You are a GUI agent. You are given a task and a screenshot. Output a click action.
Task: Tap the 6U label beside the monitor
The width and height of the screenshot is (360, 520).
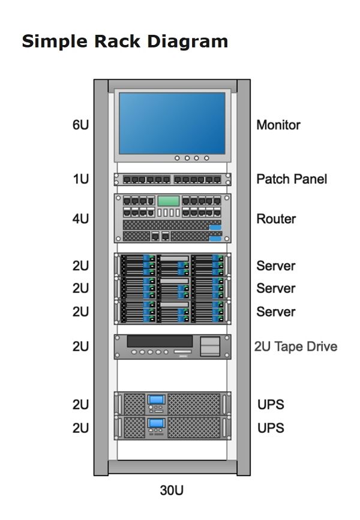coord(80,125)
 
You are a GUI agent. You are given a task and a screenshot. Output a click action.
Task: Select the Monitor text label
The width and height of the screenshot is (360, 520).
coord(278,125)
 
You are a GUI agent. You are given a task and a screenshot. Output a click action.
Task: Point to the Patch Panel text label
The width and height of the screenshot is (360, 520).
coord(292,179)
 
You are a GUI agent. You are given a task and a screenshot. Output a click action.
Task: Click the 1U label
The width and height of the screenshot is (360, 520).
coord(81,179)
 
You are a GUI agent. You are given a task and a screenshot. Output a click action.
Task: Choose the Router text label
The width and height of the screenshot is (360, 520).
coord(277,219)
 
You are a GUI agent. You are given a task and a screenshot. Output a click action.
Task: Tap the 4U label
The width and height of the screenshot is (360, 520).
coord(80,219)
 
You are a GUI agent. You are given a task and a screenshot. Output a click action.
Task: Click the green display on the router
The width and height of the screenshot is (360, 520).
coord(169,201)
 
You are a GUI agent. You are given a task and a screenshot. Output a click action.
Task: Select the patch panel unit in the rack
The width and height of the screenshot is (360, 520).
coord(172,179)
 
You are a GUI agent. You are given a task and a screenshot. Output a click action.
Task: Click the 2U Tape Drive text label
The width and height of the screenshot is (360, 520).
coord(296,346)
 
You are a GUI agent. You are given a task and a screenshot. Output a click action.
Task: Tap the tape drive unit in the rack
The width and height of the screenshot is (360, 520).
coord(172,346)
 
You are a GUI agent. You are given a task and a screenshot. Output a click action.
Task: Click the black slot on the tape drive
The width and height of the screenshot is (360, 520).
coord(160,341)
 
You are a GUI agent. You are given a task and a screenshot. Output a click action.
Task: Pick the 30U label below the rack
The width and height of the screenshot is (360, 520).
coord(172,491)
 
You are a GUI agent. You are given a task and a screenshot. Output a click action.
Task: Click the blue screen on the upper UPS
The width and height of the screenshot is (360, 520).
coord(157,399)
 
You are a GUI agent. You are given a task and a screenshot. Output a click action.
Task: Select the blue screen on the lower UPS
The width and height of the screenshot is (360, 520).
coord(157,423)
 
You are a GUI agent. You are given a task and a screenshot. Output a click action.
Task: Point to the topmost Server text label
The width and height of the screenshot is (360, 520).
coord(276,265)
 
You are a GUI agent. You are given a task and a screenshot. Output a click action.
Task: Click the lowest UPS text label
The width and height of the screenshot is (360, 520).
coord(271,428)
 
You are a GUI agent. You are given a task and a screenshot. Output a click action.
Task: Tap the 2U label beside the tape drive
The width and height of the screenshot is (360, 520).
coord(80,346)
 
